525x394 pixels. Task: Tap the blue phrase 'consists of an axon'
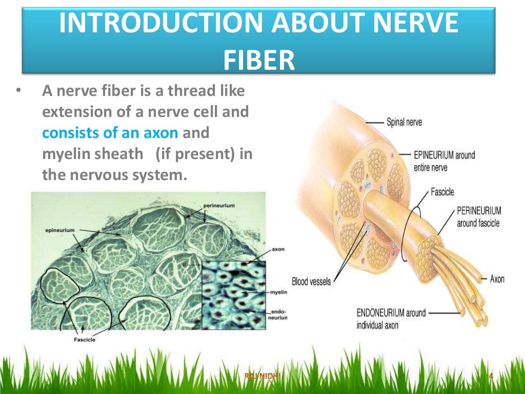click(110, 133)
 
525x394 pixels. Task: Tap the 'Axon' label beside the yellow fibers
click(497, 279)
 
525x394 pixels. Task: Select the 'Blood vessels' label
click(311, 281)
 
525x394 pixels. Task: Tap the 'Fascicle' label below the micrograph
click(85, 339)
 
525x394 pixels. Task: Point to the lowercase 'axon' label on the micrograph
click(278, 249)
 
